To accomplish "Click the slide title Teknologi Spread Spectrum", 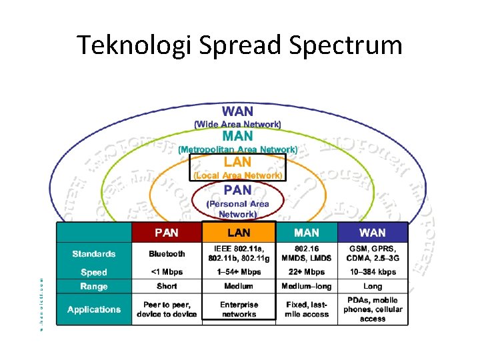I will (239, 45).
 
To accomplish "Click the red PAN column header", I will (167, 233).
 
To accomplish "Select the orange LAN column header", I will (239, 233).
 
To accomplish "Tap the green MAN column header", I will (307, 233).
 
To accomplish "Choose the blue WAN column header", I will (372, 233).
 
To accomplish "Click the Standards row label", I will (94, 254).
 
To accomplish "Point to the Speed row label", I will (94, 272).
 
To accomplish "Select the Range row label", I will (94, 286).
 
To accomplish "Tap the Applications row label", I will (94, 309).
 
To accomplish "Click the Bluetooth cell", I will (167, 254).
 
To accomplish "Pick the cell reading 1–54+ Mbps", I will (239, 272).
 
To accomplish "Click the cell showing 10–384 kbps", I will (372, 272).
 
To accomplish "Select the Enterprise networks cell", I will (239, 309).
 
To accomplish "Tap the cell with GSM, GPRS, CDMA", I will (372, 254).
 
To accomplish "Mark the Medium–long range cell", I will (307, 286).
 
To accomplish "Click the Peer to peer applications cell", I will (167, 309).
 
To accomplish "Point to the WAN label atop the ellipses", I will (237, 111).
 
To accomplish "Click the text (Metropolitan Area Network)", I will (237, 149).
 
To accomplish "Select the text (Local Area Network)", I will (238, 175).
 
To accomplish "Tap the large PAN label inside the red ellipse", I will (237, 191).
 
